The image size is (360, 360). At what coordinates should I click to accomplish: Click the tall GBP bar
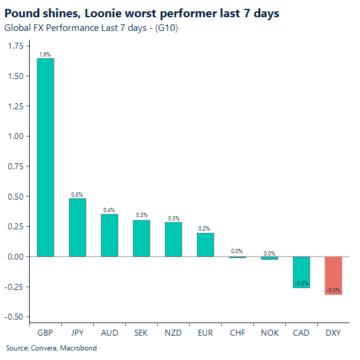click(45, 157)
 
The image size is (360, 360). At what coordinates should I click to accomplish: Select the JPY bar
click(77, 228)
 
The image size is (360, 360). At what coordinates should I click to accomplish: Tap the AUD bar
click(109, 235)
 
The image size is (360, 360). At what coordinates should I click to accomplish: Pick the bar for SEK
click(141, 238)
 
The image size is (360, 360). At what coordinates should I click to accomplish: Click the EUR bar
click(205, 245)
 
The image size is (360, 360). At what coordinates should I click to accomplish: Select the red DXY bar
click(333, 275)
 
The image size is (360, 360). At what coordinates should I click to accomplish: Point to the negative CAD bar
click(301, 272)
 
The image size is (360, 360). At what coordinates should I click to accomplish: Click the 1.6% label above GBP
click(45, 55)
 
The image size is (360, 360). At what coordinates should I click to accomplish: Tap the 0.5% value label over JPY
click(77, 194)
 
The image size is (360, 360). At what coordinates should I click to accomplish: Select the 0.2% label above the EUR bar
click(205, 229)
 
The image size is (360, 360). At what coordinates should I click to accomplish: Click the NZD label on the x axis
click(173, 333)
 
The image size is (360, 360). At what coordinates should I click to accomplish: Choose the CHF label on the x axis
click(237, 333)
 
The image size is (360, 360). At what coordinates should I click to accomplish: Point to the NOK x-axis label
click(269, 333)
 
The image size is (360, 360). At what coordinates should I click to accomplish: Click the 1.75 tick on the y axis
click(15, 46)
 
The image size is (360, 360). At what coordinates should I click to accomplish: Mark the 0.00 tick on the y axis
click(15, 257)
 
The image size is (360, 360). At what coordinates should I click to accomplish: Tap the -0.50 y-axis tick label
click(14, 317)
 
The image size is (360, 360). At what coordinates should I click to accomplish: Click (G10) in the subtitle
click(168, 28)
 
